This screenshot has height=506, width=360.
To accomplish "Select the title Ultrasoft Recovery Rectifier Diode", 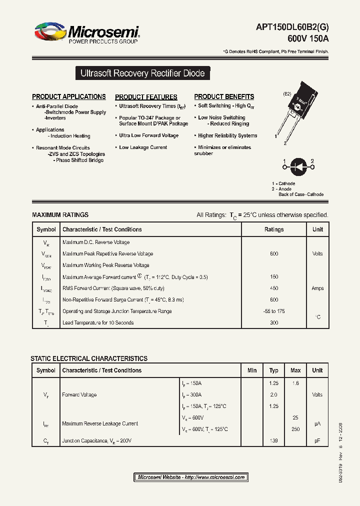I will pos(142,73).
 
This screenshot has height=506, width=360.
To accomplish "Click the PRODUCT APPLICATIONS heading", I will pos(69,96).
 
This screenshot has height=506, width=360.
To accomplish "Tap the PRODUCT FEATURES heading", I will pos(146,97).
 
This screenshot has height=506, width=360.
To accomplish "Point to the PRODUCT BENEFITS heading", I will pos(224,96).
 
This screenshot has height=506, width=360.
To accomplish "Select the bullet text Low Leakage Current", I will pos(143,147).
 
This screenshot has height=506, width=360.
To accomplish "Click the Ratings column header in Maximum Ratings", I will pos(274,229).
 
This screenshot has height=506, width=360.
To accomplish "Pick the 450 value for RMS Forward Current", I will pos(274,288).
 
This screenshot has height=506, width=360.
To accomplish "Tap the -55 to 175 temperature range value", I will pos(274,311).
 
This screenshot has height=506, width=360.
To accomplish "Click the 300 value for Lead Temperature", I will pos(274,323).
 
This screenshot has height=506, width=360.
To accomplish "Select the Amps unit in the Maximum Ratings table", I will pos(317,288).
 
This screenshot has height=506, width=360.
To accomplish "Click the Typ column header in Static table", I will pos(273,370).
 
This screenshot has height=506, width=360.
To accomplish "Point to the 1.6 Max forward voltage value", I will pos(295,383).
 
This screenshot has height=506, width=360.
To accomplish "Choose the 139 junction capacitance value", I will pos(273,440).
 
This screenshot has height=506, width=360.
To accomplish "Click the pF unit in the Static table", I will pos(317,440).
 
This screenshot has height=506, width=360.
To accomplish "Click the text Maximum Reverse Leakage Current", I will pos(100,423).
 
